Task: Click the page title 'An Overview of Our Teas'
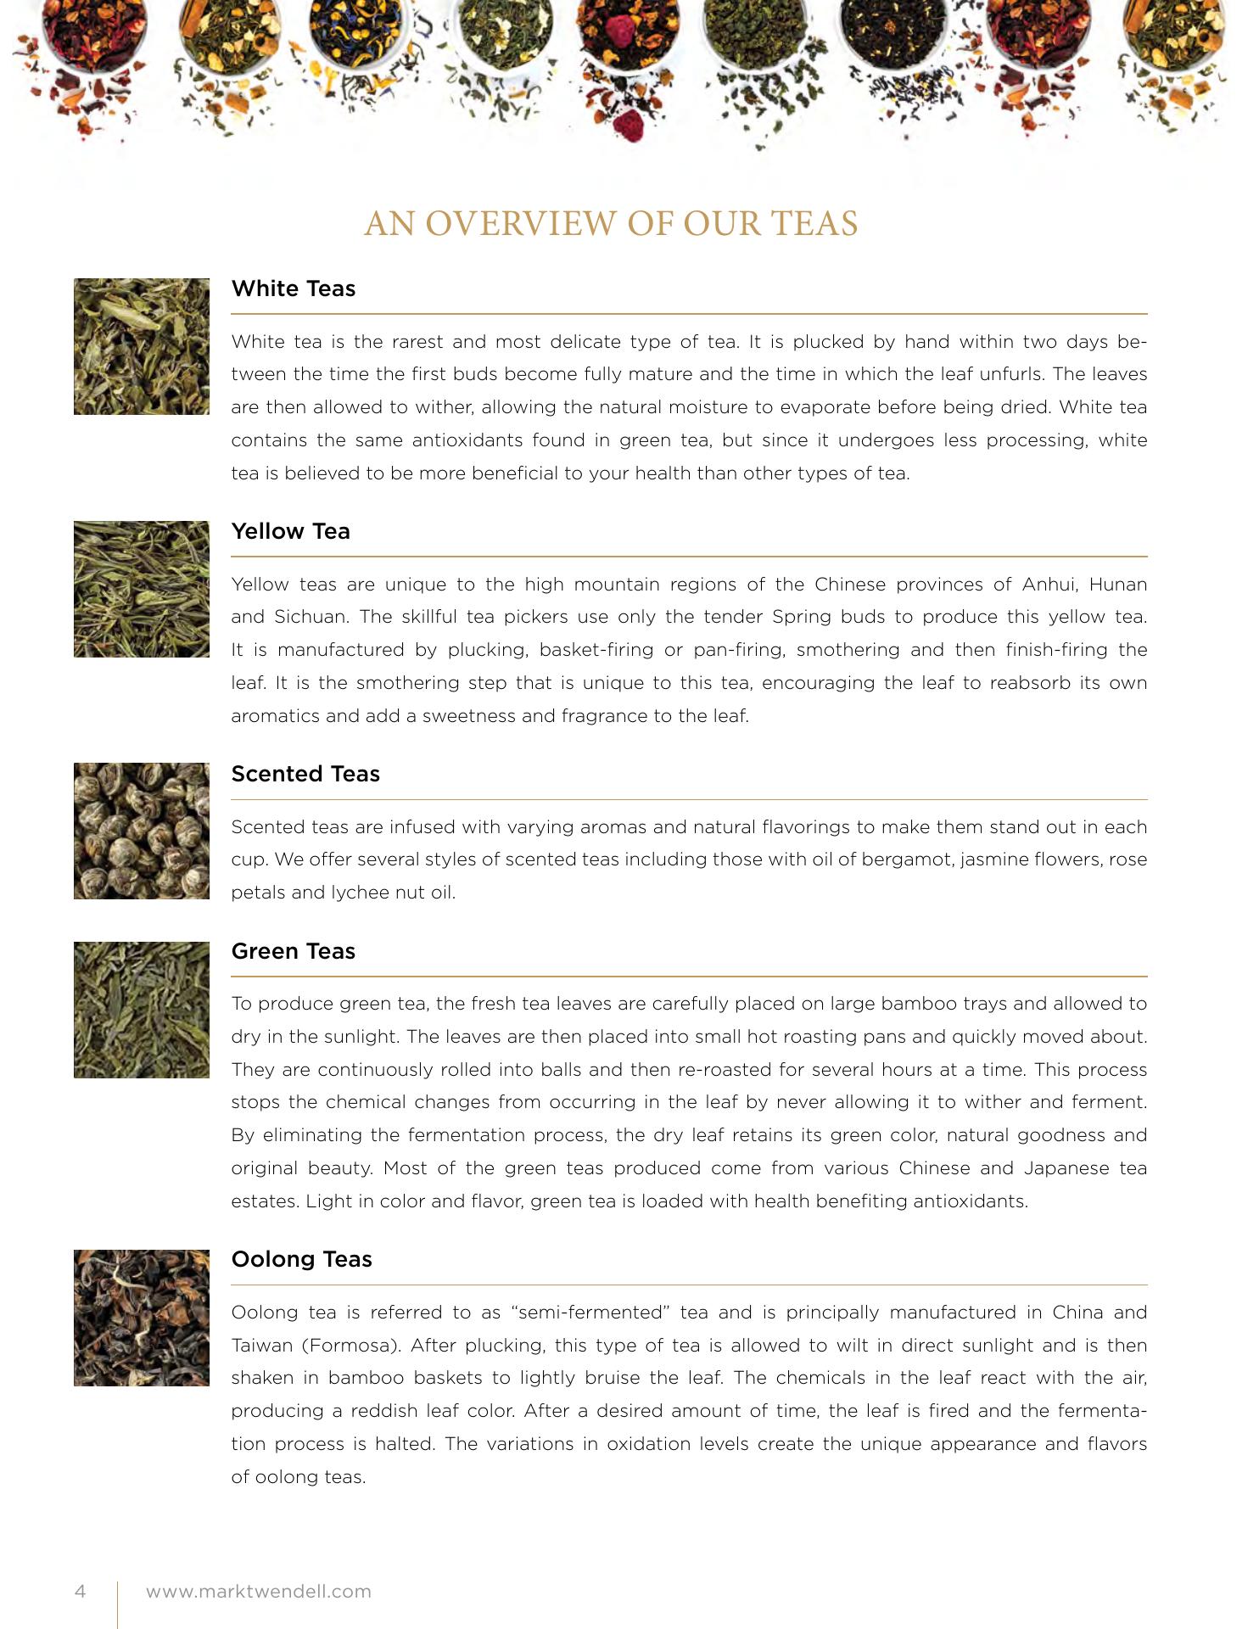[611, 223]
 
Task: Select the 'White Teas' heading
[293, 288]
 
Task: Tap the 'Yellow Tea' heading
[290, 531]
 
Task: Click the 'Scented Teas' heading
[305, 774]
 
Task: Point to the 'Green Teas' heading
[293, 951]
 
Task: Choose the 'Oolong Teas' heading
[301, 1259]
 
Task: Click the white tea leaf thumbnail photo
[142, 346]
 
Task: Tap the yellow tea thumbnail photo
[142, 589]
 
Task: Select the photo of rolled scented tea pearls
[142, 831]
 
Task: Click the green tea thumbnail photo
[142, 1010]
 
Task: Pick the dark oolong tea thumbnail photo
[142, 1318]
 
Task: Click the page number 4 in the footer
[81, 1591]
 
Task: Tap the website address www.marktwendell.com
[259, 1591]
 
